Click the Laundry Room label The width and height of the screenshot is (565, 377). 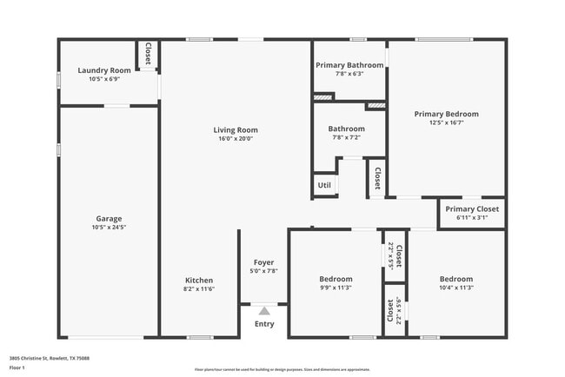point(104,70)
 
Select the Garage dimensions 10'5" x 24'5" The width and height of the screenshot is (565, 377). point(109,227)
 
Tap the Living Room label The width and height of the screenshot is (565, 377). point(236,130)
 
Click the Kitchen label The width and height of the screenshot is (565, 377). point(199,280)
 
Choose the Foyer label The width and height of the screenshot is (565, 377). point(263,261)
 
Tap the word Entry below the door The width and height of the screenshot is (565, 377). point(264,324)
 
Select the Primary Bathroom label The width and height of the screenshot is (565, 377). point(349,65)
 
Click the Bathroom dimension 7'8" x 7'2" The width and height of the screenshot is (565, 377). point(346,137)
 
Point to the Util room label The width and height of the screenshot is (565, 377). point(324,185)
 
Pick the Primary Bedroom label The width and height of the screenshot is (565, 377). point(446,114)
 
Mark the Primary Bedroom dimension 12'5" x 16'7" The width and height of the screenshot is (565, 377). point(446,122)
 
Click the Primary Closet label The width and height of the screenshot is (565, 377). point(472,208)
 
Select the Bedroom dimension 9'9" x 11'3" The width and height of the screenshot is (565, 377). point(336,288)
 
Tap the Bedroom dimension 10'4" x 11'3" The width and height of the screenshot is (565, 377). point(456,288)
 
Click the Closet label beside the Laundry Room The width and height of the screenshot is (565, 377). point(148,53)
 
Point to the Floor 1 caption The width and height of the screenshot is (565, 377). point(18,367)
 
